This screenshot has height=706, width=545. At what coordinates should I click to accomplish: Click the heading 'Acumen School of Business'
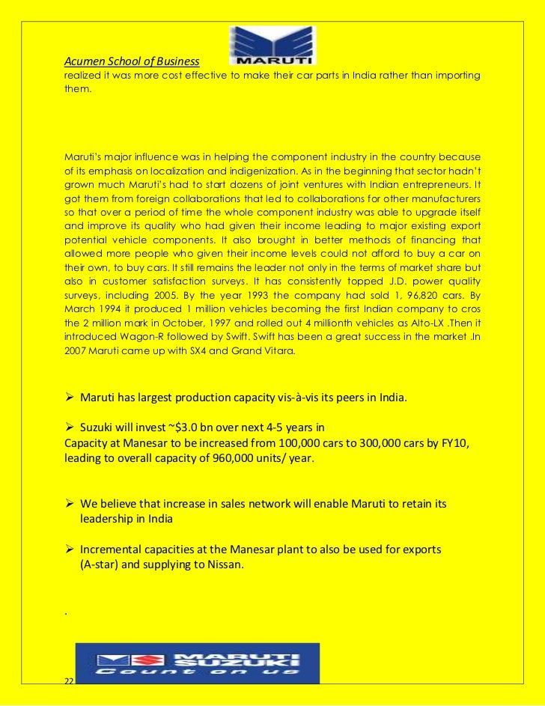point(131,61)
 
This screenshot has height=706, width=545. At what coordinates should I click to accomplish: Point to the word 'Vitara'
point(278,350)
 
